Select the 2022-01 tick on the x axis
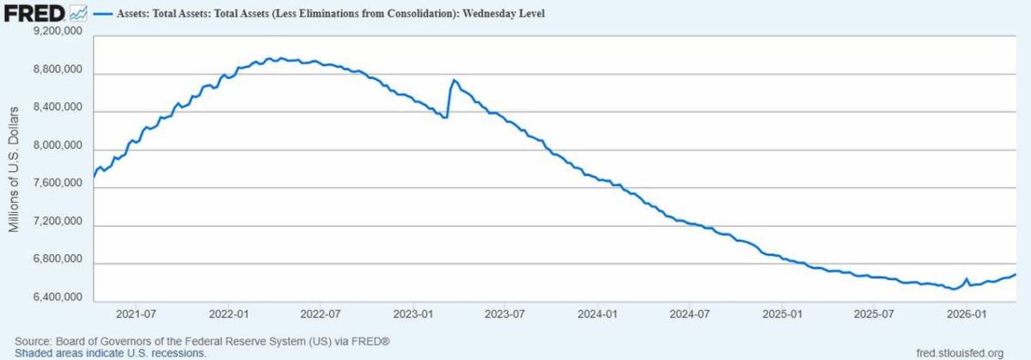(229, 314)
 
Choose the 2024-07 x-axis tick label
(687, 314)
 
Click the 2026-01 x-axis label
(965, 314)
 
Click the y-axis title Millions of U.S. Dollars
(14, 168)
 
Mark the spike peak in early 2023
(454, 81)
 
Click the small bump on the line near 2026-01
(967, 279)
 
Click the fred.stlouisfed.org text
(960, 353)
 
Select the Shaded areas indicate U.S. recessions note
(111, 353)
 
